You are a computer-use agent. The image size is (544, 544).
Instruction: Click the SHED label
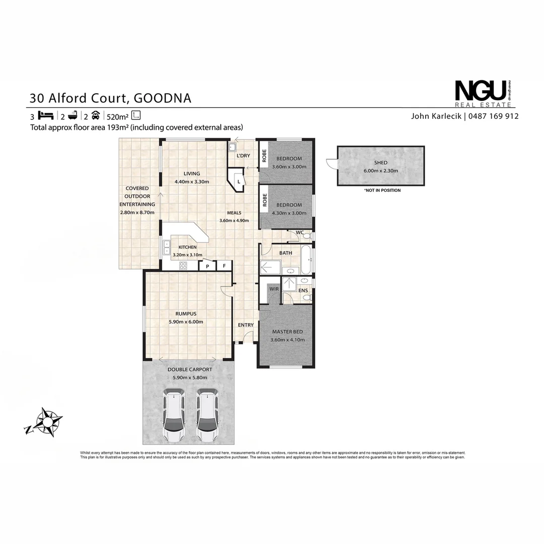(x=381, y=163)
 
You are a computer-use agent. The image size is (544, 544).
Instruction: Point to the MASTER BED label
(x=287, y=332)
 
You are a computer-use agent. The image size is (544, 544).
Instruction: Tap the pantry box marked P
(x=207, y=266)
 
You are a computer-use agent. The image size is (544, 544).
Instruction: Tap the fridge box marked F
(x=224, y=266)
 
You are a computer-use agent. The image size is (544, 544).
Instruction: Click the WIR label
(x=275, y=289)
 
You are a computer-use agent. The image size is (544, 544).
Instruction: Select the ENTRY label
(x=246, y=325)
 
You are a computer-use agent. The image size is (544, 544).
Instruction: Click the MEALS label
(x=234, y=213)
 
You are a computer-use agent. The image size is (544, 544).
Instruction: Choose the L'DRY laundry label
(x=243, y=156)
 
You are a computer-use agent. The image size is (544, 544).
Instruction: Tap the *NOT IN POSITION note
(x=382, y=190)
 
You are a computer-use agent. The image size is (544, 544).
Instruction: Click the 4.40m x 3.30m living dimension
(x=191, y=182)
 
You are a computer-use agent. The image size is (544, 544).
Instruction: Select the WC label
(x=300, y=232)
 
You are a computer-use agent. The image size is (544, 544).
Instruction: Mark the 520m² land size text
(x=118, y=116)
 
